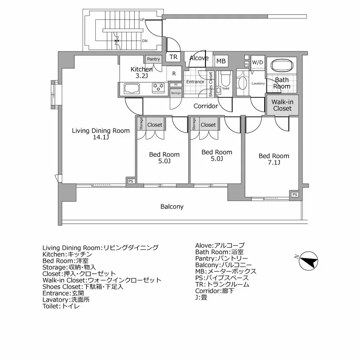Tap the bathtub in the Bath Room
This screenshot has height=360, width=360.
(282, 65)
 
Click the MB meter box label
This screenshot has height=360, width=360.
(221, 61)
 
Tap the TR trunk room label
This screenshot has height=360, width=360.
(174, 57)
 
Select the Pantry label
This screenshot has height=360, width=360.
(153, 59)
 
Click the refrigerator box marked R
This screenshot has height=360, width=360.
(174, 73)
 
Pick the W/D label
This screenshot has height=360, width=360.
(257, 62)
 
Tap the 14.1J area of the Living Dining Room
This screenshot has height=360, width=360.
(101, 137)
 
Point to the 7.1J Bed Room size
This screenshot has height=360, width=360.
(274, 163)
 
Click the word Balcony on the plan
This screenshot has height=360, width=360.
(172, 206)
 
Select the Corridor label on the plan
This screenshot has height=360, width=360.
(206, 106)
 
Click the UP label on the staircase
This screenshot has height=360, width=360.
(142, 20)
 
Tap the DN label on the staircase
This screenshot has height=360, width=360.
(144, 41)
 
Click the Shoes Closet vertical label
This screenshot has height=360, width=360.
(211, 85)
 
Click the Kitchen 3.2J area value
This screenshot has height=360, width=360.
(142, 76)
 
